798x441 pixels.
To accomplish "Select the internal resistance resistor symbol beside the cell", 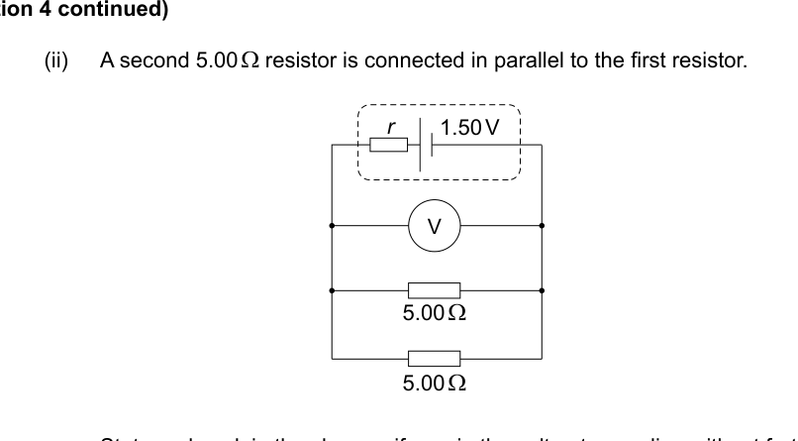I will point(388,145).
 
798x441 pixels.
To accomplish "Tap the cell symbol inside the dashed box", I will point(427,145).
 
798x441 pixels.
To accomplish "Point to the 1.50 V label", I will point(470,127).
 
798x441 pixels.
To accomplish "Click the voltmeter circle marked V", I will point(434,225).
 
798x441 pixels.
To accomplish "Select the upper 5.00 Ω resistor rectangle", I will point(434,290).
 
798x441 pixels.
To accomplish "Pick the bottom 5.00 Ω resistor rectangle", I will point(434,358).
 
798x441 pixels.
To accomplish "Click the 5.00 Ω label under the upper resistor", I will point(435,314).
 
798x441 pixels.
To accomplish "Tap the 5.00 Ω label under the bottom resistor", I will point(435,382).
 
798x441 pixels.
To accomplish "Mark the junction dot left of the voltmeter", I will point(331,225).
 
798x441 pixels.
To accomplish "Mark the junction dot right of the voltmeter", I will point(542,225).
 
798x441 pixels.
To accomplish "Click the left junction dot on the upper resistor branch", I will point(331,290).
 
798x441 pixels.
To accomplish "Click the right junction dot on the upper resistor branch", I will point(542,290).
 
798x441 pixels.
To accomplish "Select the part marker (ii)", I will point(57,60).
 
